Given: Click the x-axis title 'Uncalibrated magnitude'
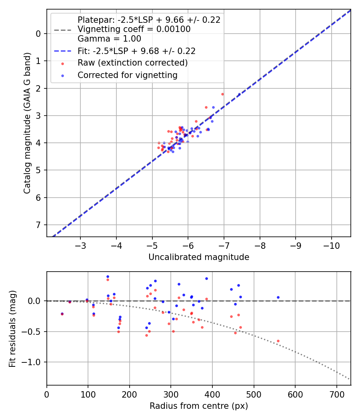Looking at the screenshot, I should tap(199, 257).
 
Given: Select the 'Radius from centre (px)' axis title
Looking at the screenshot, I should tap(199, 406).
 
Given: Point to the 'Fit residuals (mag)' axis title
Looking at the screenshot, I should tap(12, 328).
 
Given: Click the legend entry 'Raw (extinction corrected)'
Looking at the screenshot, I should tap(132, 63).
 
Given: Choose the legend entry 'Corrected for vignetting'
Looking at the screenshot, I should tap(127, 75).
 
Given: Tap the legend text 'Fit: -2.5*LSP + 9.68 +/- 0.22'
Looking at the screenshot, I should tap(136, 51).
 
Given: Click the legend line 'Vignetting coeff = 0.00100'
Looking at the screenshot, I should tap(134, 29).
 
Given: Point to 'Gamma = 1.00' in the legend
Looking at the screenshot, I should tap(109, 39).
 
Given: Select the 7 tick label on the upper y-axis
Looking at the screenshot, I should tap(38, 225).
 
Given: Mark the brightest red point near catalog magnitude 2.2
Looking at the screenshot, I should tap(222, 94).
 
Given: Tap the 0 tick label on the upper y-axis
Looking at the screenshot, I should tap(38, 34).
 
